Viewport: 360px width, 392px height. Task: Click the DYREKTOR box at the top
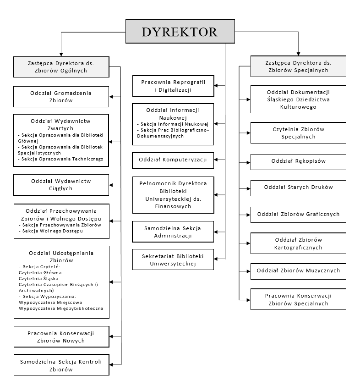[x=179, y=31]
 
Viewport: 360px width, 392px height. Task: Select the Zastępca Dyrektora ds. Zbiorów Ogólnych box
[x=61, y=66]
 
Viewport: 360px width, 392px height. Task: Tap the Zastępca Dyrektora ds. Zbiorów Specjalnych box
[x=298, y=66]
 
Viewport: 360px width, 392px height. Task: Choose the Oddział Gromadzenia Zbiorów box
[x=61, y=96]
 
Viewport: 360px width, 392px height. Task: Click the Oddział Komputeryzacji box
[x=173, y=160]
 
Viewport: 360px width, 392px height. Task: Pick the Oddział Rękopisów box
[x=298, y=161]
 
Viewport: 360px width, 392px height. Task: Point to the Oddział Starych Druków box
[x=298, y=188]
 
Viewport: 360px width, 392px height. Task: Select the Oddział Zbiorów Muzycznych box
[x=298, y=271]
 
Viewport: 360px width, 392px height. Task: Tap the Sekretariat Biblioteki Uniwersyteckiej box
[x=173, y=259]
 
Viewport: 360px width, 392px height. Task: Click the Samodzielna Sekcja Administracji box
[x=173, y=232]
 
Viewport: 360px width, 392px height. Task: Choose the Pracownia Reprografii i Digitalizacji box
[x=173, y=86]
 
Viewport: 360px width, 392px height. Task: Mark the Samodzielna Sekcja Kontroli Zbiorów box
[x=61, y=365]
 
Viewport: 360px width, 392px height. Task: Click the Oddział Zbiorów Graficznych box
[x=298, y=214]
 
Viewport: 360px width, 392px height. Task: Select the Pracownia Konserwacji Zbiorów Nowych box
[x=61, y=337]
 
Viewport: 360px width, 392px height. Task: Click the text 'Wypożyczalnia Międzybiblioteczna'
[x=61, y=309]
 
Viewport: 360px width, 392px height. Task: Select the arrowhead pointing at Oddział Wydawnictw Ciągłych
[x=112, y=184]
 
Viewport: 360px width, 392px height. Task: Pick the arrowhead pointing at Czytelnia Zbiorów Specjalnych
[x=248, y=133]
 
